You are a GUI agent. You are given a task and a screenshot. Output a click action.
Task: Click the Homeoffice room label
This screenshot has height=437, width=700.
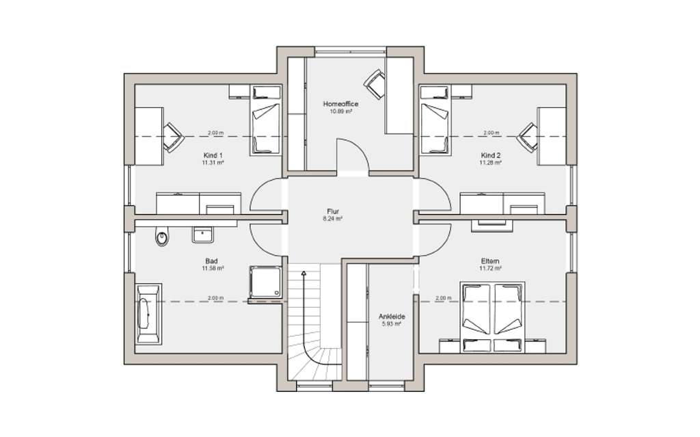pyautogui.click(x=340, y=104)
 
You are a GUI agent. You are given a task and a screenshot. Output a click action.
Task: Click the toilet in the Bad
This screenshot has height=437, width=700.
pyautogui.click(x=162, y=237)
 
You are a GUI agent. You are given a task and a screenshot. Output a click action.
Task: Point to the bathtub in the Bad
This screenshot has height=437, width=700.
pyautogui.click(x=147, y=313)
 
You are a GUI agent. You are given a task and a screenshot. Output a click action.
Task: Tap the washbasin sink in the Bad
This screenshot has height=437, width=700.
pyautogui.click(x=203, y=235)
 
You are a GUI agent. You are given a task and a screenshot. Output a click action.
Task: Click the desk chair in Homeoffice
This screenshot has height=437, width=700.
pyautogui.click(x=374, y=84)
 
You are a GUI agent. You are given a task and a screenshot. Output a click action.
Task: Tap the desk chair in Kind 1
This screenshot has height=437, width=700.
pyautogui.click(x=173, y=136)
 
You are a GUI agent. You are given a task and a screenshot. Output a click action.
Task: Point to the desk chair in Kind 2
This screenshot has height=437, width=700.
pyautogui.click(x=527, y=136)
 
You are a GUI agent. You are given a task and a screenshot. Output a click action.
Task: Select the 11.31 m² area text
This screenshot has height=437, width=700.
pyautogui.click(x=213, y=163)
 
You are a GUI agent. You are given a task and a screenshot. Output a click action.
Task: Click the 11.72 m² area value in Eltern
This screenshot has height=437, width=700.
pyautogui.click(x=489, y=269)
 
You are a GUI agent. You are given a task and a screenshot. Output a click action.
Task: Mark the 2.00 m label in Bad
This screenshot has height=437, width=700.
pyautogui.click(x=215, y=298)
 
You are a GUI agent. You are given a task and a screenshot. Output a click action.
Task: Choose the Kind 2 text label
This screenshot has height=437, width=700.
pyautogui.click(x=490, y=155)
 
